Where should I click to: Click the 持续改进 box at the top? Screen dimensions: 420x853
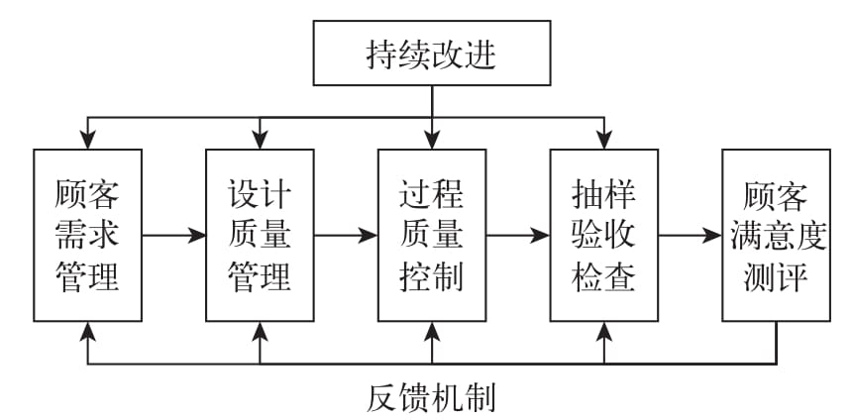point(431,54)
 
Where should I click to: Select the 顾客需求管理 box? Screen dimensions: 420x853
point(87,236)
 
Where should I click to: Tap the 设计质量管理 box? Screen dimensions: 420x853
point(260,236)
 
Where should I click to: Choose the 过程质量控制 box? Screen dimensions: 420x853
point(432,236)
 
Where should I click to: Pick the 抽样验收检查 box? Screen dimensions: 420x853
point(604,236)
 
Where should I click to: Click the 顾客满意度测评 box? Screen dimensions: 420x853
point(776,236)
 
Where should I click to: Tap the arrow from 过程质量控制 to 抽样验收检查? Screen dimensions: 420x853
point(518,236)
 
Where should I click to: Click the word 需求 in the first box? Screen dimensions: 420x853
point(87,236)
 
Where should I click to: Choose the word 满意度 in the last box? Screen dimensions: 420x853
point(776,236)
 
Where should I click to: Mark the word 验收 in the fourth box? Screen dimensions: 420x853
point(604,236)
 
